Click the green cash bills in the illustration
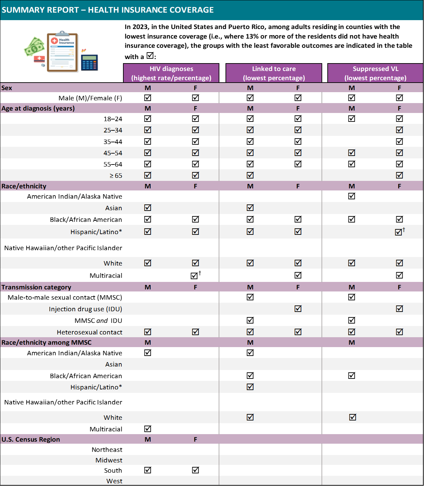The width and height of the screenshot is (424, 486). pos(34,47)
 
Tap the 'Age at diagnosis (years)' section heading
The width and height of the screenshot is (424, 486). pos(38,109)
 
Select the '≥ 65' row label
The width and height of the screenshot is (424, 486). pos(116,175)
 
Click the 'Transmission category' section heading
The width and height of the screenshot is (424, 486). pos(36,287)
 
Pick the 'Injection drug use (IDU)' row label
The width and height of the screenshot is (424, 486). pos(85,309)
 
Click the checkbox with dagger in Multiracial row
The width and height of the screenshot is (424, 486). pos(194,275)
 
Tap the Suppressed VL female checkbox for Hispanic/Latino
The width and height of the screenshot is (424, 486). pos(398,232)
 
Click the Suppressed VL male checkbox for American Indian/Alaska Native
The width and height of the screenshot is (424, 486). pos(352,196)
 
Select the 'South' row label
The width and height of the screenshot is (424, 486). pos(113,470)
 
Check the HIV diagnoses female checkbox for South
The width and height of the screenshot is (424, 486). pos(195,470)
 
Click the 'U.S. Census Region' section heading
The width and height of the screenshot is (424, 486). pos(31,439)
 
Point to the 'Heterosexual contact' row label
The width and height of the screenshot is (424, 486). pos(90,332)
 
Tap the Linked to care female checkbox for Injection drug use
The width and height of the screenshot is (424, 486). pos(298,309)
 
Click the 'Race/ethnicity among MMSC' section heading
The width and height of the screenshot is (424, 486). pos(46,342)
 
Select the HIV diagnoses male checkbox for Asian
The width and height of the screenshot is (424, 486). pos(148,208)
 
